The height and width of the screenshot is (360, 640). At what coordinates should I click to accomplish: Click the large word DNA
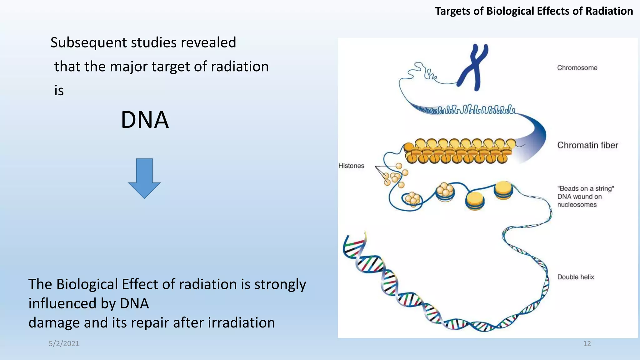coord(145,120)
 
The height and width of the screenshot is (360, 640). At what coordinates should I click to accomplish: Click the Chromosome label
coord(577,68)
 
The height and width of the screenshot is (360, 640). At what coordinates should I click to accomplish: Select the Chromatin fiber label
coord(587,145)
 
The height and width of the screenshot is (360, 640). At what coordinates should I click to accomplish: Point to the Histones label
coord(351,166)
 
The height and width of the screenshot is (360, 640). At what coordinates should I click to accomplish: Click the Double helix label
coord(575,277)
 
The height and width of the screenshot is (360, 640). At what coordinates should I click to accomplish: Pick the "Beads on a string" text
coord(585,189)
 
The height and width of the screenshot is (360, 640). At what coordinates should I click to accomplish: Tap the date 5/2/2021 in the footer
coord(64,344)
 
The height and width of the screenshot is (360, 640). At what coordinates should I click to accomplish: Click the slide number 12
coord(587,344)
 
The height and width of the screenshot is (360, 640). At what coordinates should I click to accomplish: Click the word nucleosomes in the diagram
coord(577,205)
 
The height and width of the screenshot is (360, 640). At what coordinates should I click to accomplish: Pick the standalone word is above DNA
coord(59,91)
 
